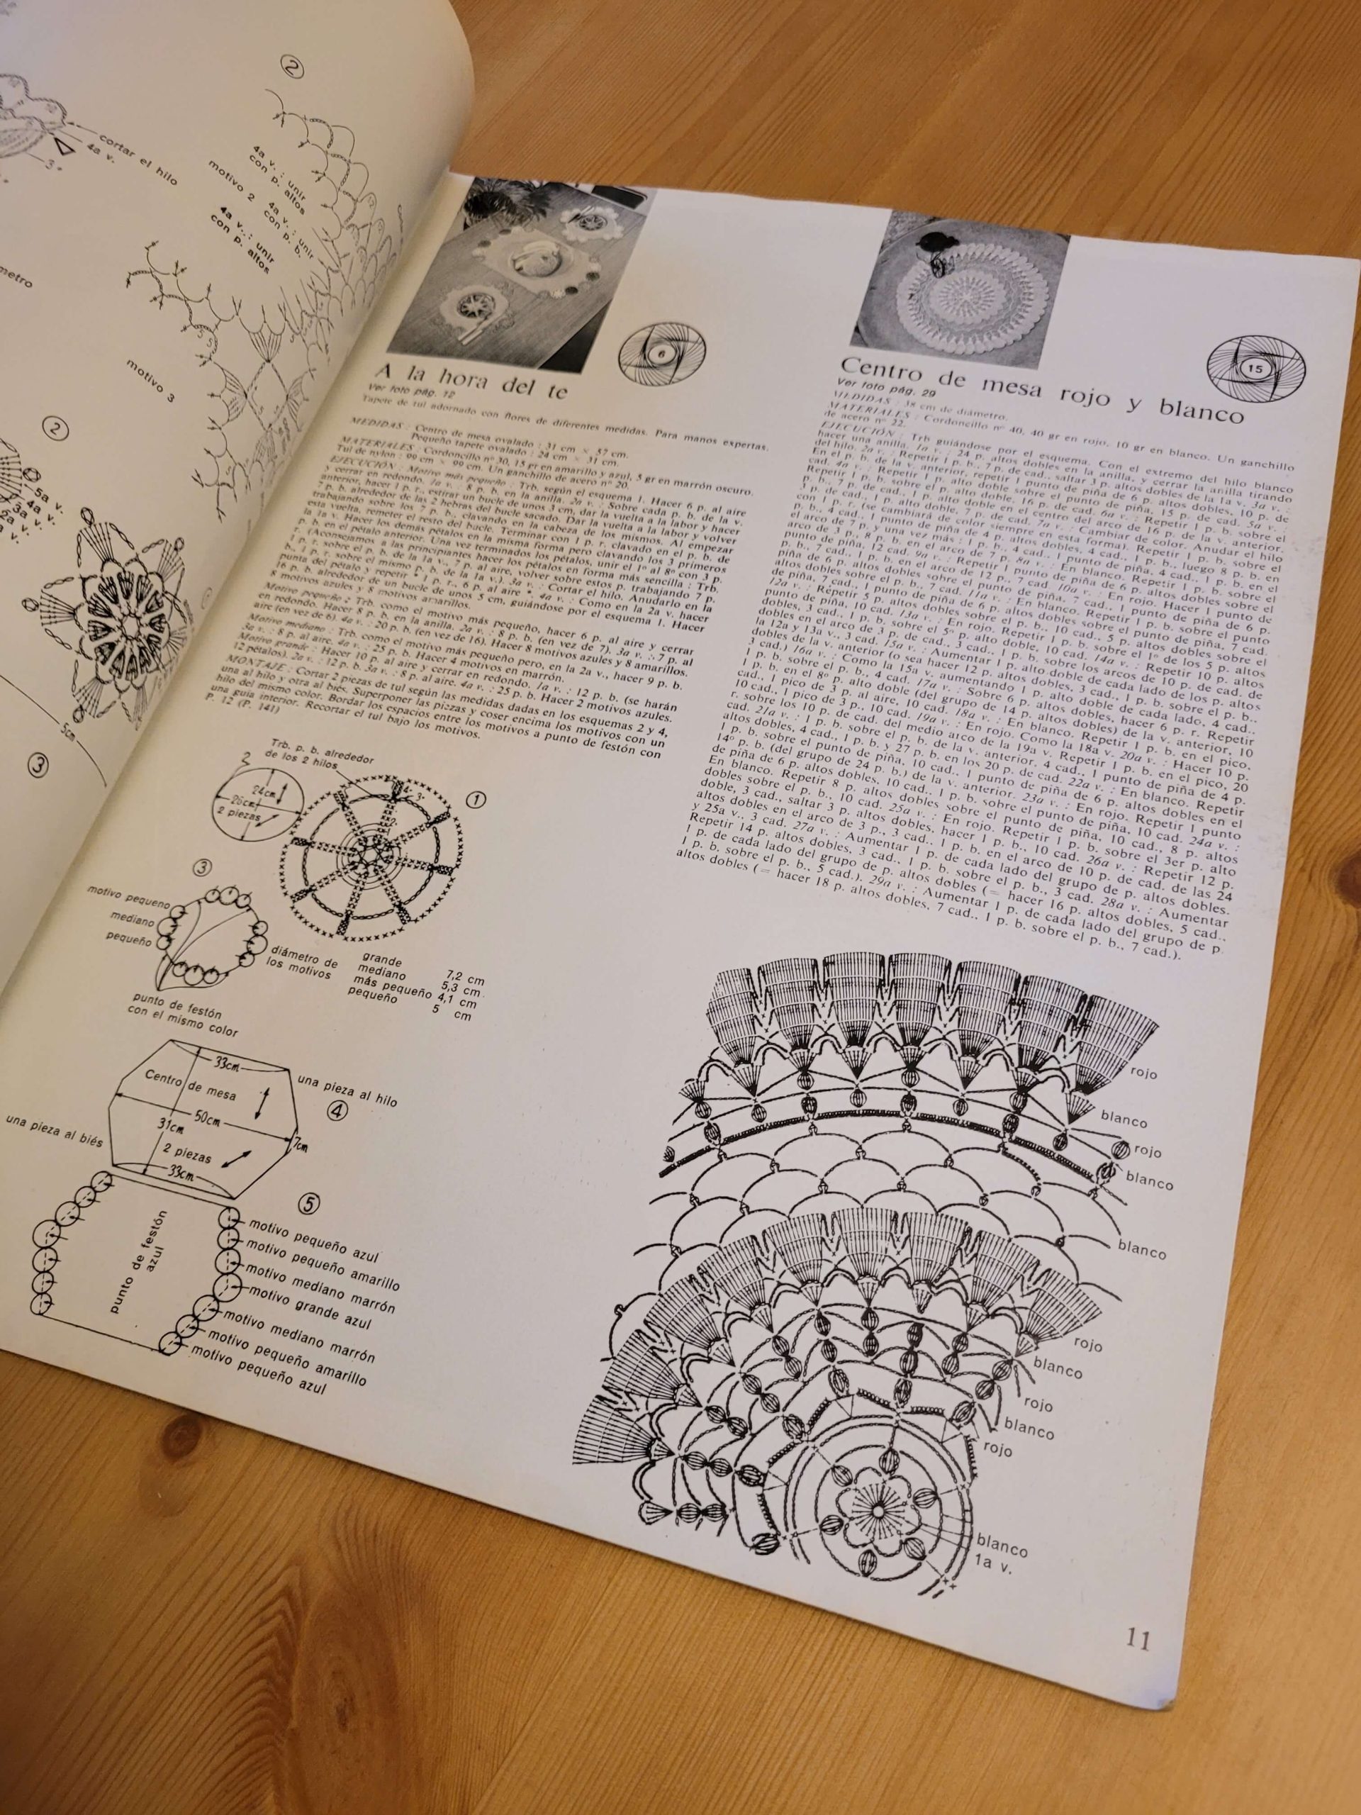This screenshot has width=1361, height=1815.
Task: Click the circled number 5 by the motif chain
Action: pyautogui.click(x=308, y=1204)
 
